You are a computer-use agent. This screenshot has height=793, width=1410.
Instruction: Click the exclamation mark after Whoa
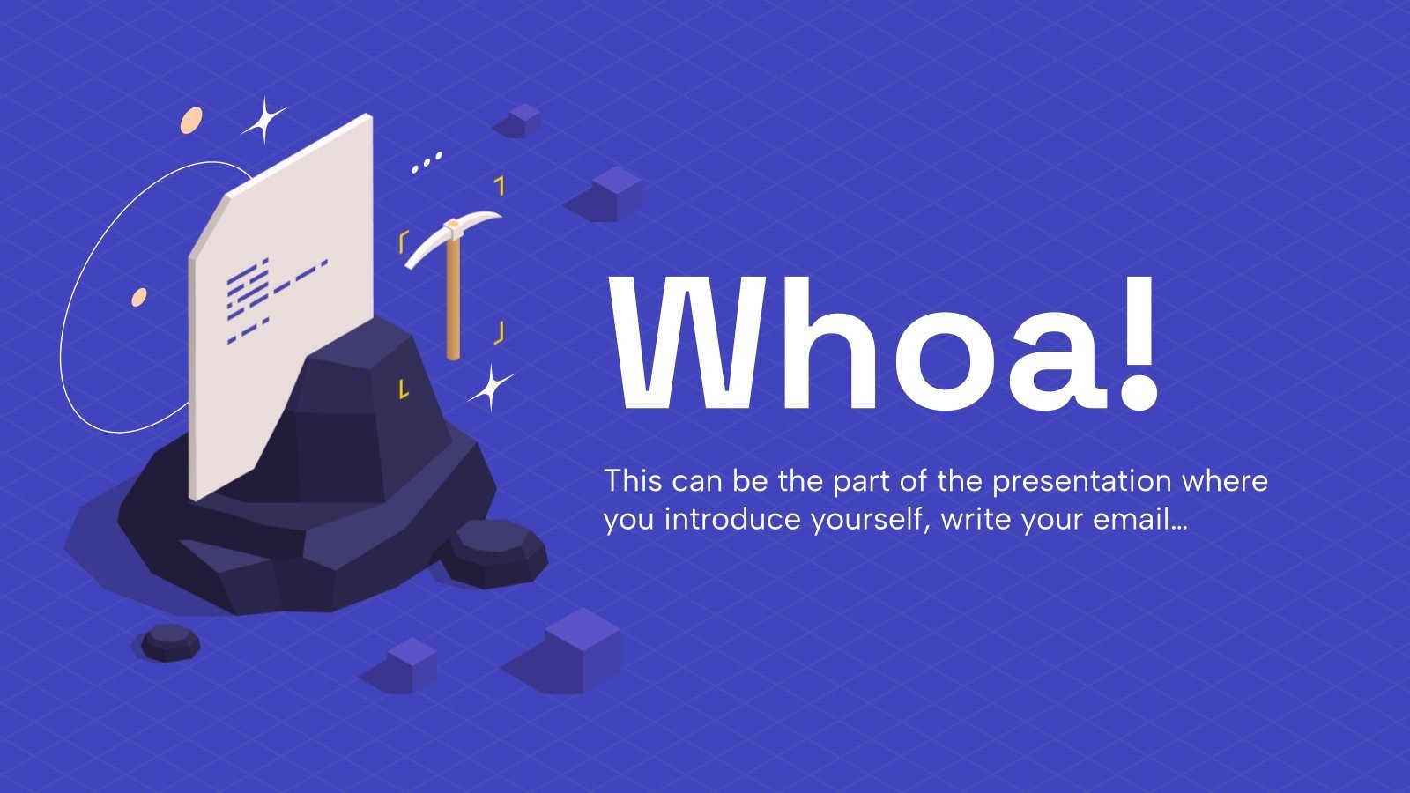pos(1138,344)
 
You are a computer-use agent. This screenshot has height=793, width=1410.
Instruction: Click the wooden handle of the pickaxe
pos(453,296)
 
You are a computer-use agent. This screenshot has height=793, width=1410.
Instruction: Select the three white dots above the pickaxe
pos(427,162)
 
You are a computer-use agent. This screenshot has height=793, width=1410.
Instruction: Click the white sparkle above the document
pos(265,120)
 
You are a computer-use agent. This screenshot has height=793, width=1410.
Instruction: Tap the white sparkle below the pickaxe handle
pos(491,387)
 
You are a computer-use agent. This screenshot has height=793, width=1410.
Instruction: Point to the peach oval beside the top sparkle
pos(191,120)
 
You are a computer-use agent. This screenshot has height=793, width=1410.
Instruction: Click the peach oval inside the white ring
pos(138,297)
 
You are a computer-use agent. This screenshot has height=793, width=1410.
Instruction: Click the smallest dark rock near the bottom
pos(171,642)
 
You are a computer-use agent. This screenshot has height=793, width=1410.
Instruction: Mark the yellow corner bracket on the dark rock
pos(404,389)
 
